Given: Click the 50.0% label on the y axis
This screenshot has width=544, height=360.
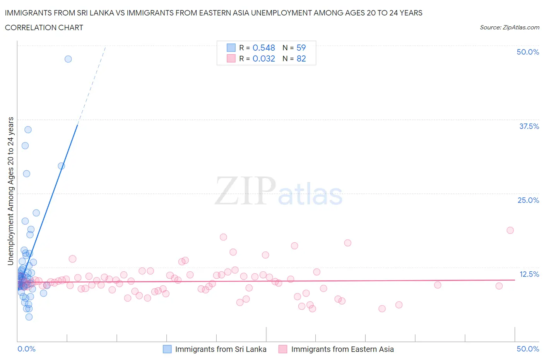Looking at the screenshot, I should [528, 52].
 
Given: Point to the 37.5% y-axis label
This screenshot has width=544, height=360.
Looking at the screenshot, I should [529, 126].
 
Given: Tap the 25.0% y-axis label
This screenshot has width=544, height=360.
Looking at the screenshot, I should [528, 200].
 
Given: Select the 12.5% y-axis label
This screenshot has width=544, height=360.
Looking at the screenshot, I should [529, 274].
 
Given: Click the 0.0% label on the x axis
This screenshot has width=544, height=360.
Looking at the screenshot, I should [26, 349].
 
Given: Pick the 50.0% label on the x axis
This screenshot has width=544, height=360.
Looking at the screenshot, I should [528, 349].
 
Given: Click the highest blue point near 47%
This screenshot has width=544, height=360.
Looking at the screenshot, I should [68, 59].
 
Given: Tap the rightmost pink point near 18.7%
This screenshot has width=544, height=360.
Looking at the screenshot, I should [510, 230].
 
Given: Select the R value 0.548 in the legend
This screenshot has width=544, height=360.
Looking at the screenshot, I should [263, 48].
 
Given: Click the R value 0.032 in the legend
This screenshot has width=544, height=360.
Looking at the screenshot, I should [263, 58].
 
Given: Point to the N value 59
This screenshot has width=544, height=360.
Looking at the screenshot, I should [301, 48].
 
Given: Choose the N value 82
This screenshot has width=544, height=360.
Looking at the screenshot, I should [301, 58].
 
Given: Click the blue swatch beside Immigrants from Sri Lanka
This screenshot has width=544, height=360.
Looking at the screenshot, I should [167, 349].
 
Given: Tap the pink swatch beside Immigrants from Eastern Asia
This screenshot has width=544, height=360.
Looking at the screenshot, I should [283, 349].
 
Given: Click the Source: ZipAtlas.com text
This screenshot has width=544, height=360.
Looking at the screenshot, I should [509, 27].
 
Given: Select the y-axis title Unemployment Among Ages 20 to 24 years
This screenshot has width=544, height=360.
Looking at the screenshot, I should [10, 191].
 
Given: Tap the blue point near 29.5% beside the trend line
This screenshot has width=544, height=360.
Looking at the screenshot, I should [61, 166].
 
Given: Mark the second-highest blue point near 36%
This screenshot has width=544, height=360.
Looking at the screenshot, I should [28, 130].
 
